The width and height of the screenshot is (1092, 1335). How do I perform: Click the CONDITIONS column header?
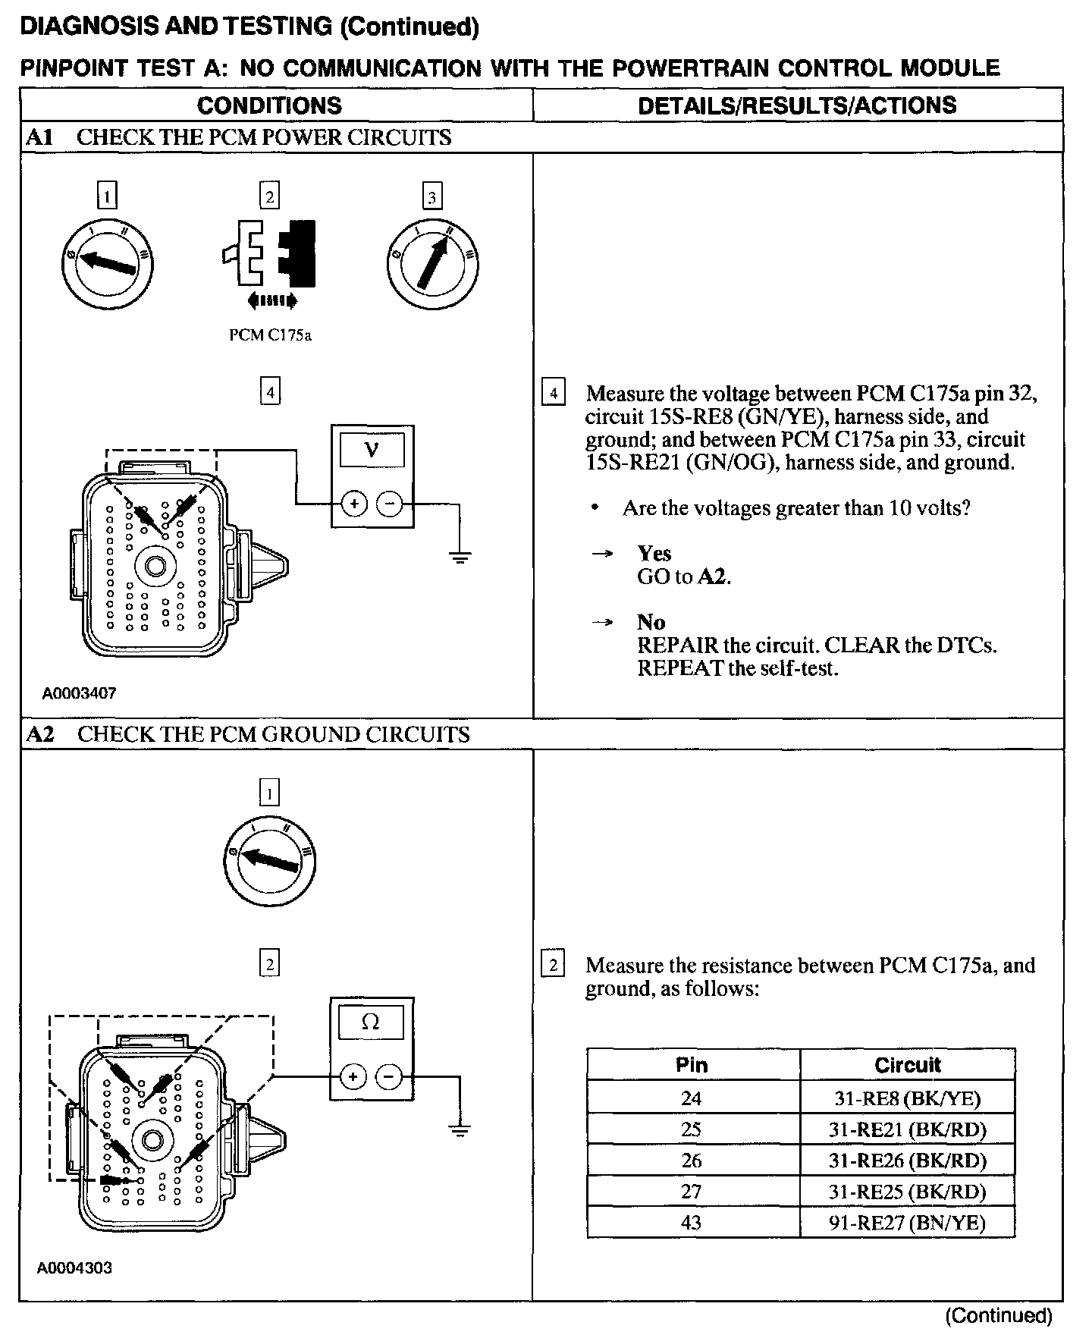269,105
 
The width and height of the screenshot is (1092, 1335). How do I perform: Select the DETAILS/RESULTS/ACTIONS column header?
797,105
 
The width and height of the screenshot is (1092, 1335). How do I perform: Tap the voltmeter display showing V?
372,451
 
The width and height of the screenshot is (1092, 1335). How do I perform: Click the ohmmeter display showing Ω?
371,1022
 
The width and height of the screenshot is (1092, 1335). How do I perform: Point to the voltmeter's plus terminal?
354,504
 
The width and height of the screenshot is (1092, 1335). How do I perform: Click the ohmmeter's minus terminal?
389,1076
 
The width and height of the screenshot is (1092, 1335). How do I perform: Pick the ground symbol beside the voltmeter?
460,558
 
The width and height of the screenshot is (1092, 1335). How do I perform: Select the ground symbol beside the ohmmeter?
460,1130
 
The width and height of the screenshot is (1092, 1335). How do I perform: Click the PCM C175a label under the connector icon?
270,335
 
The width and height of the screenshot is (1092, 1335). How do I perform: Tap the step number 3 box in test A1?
431,198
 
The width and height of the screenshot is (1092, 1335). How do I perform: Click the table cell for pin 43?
692,1222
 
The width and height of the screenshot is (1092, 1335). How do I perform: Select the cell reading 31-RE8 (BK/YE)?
907,1098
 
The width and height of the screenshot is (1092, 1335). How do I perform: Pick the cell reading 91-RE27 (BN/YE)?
907,1222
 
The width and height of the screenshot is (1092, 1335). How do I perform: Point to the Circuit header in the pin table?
907,1065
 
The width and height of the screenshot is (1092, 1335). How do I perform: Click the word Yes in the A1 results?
654,553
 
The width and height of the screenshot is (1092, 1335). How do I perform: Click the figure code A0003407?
79,693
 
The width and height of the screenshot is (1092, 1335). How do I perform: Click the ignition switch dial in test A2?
271,862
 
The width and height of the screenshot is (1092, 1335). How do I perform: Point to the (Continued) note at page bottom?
999,1315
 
